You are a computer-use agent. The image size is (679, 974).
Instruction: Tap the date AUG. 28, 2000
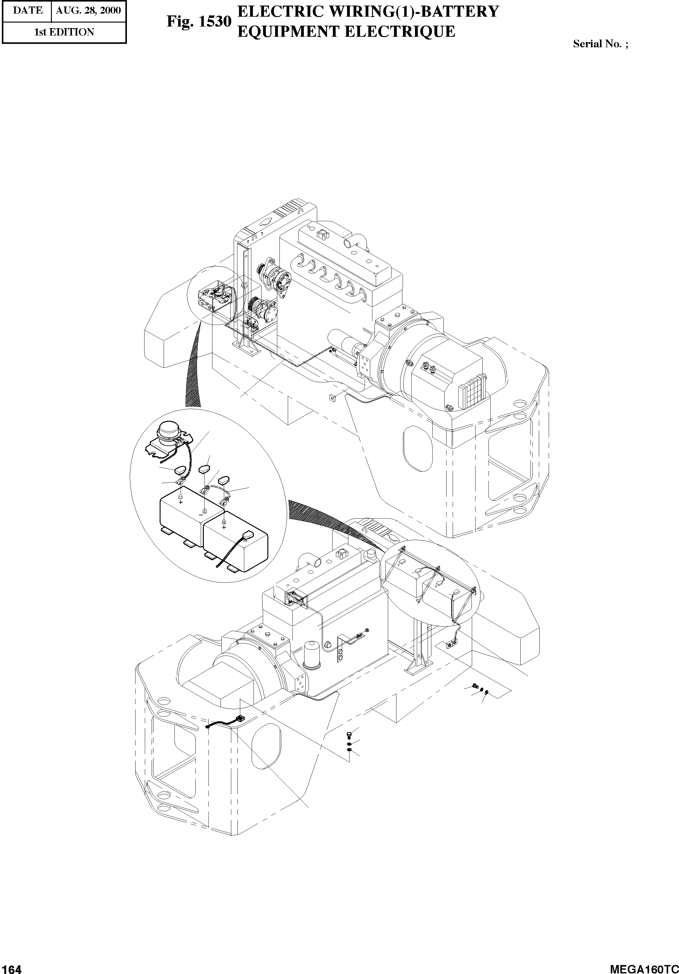pyautogui.click(x=88, y=11)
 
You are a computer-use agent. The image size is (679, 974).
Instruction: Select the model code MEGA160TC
pyautogui.click(x=644, y=968)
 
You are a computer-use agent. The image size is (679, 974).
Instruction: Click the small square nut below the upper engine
pyautogui.click(x=332, y=398)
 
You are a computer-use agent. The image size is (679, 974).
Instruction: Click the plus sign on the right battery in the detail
pyautogui.click(x=224, y=527)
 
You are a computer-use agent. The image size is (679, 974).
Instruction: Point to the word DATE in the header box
pyautogui.click(x=27, y=11)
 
